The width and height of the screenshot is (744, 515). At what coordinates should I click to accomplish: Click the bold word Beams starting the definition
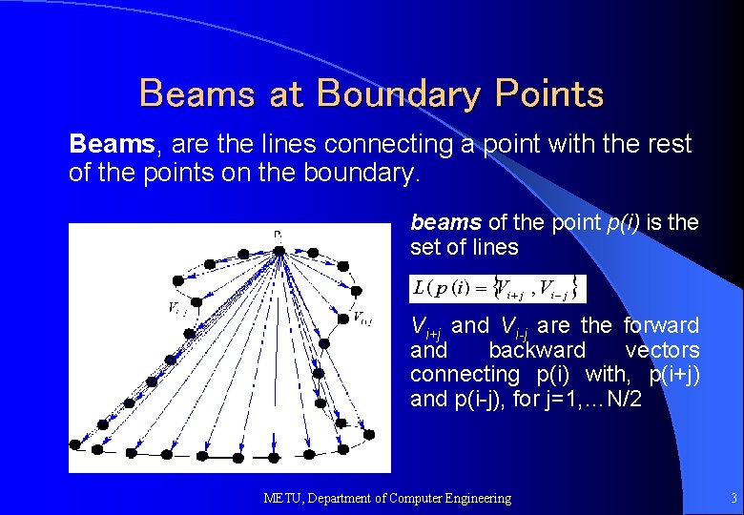[x=112, y=145]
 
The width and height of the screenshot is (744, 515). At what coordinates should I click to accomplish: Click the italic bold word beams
[x=445, y=223]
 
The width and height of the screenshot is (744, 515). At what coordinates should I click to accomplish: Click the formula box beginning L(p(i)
[x=497, y=287]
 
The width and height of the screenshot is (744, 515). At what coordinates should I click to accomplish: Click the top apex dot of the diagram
[x=278, y=251]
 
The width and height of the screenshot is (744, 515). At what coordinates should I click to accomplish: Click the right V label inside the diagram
[x=362, y=318]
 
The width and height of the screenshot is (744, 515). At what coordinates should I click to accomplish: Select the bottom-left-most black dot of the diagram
[x=75, y=444]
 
